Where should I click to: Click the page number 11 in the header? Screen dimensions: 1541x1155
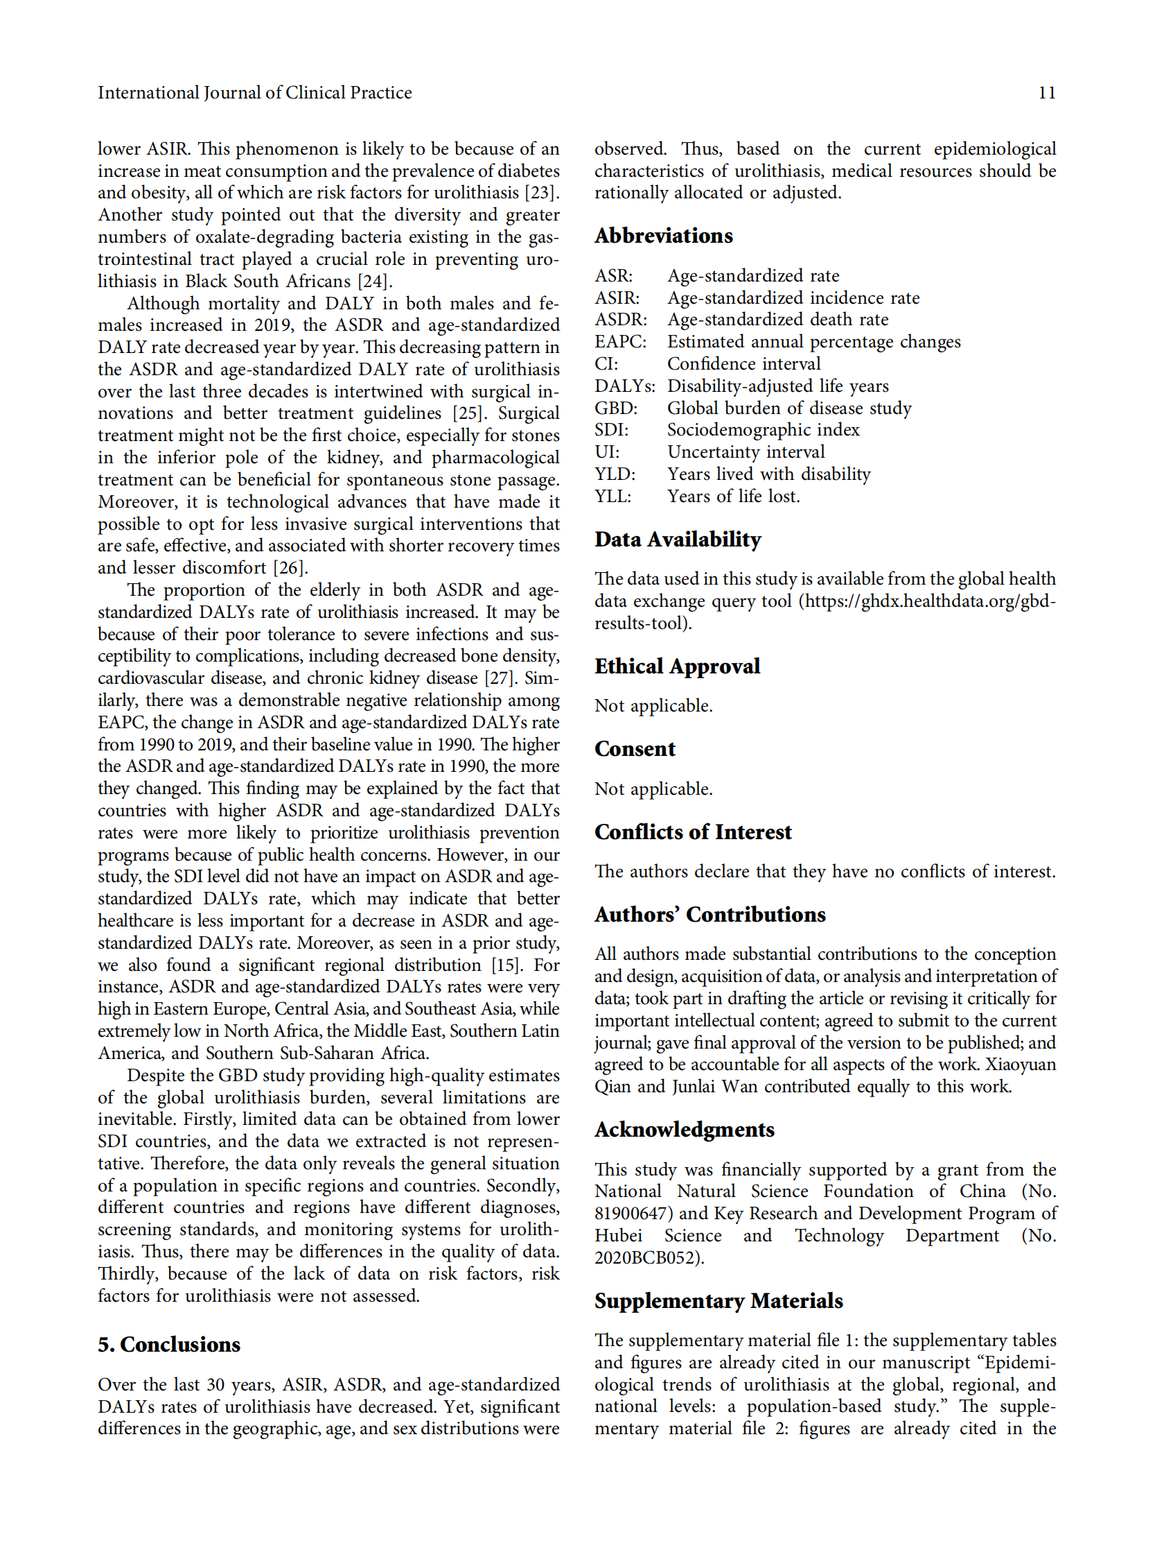1046,93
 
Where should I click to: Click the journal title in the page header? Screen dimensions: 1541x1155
254,93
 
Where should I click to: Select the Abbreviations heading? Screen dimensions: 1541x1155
663,236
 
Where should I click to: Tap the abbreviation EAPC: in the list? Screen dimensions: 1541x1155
619,341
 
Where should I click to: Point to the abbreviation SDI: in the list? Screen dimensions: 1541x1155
611,430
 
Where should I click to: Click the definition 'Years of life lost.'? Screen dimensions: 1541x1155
733,496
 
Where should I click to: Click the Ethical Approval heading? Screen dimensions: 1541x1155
677,666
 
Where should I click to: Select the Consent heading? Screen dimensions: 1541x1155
634,749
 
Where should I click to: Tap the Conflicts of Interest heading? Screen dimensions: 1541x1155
693,832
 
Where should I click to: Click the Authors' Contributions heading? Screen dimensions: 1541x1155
709,914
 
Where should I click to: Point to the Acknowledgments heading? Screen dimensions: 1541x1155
684,1129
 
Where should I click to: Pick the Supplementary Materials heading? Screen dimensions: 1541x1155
718,1300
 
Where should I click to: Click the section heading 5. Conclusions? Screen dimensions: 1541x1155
169,1345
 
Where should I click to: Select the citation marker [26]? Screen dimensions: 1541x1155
290,568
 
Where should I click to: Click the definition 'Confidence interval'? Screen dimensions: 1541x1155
743,363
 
